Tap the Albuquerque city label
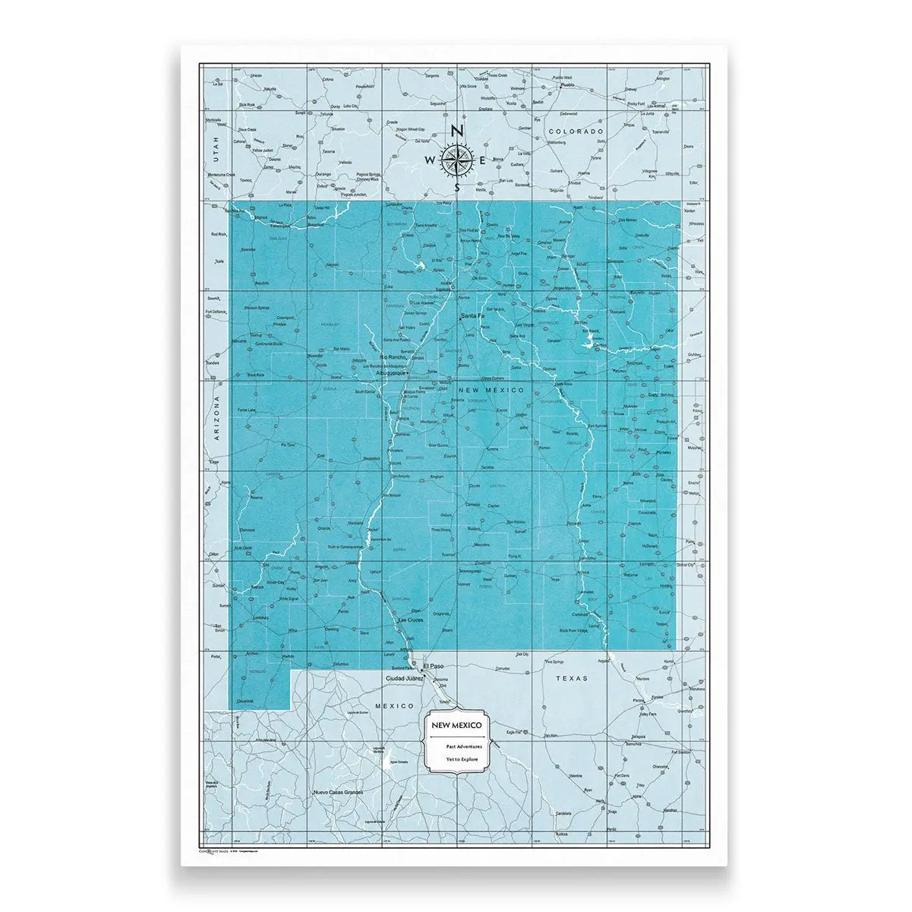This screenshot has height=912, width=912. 390,374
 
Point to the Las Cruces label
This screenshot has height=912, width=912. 412,621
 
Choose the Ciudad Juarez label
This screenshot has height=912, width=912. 406,677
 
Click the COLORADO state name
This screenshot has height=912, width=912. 576,131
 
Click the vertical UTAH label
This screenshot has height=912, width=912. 216,144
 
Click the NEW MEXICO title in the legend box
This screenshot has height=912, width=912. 456,727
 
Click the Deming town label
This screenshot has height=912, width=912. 332,629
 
